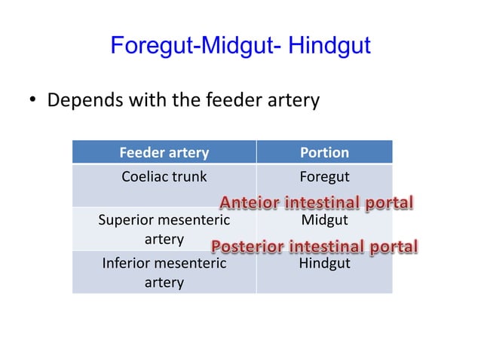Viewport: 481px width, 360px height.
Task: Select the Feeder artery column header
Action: click(164, 152)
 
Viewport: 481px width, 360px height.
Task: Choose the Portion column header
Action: click(324, 152)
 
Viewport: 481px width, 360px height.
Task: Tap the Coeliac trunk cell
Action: click(164, 177)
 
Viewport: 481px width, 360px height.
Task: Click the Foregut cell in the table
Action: click(324, 177)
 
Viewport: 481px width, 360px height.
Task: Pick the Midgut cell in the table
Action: click(324, 220)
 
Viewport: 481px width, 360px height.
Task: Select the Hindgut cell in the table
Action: click(324, 264)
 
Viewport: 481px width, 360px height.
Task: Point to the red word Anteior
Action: click(248, 203)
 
